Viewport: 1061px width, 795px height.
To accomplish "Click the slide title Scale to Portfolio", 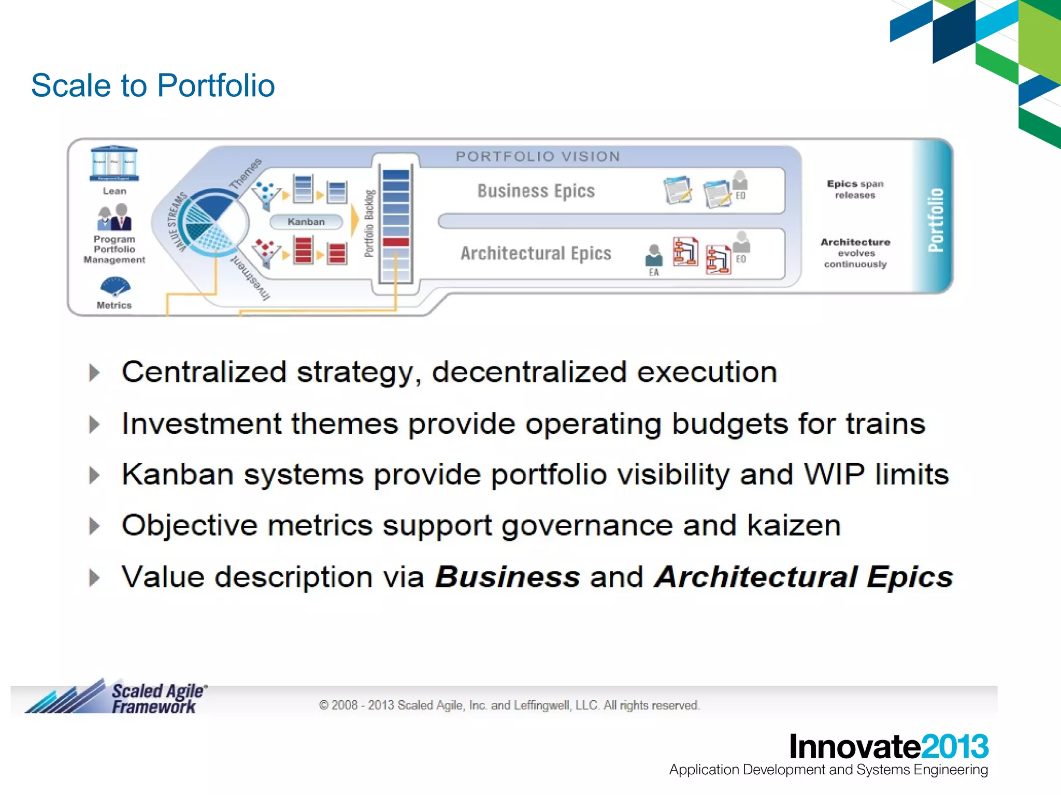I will click(153, 85).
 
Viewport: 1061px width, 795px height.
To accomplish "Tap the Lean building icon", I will click(114, 164).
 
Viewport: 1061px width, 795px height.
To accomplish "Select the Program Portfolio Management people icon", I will click(114, 217).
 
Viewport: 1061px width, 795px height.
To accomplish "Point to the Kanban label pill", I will click(306, 222).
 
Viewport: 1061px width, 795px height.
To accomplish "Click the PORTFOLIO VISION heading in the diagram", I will click(538, 156).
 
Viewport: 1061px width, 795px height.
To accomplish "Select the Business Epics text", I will click(536, 191).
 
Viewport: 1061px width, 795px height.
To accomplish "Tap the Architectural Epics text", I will click(536, 254).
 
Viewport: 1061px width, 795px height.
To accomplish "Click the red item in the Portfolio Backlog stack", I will click(396, 242).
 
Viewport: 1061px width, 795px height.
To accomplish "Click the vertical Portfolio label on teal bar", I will click(936, 219).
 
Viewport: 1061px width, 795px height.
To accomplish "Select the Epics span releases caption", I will click(855, 189).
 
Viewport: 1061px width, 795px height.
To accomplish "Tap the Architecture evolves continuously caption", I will click(855, 253).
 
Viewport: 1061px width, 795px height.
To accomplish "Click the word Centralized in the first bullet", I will click(204, 372).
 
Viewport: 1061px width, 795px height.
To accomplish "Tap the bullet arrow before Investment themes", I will click(94, 424).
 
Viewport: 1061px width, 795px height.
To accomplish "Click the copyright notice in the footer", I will click(509, 705).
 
